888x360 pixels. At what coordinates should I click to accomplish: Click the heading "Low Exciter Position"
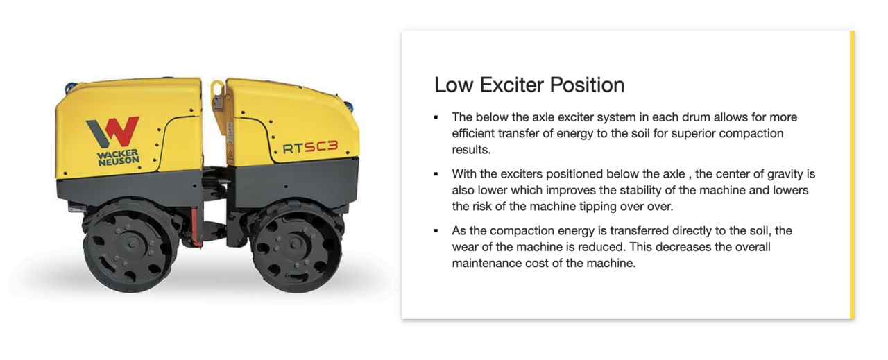pos(529,85)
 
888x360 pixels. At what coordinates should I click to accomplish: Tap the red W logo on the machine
pos(113,132)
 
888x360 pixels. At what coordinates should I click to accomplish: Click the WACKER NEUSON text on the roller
pos(118,157)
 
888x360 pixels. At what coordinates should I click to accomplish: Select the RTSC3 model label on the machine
pos(310,147)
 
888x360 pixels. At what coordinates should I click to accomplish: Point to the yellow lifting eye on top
pos(217,95)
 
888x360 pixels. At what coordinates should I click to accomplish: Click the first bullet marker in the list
pos(436,117)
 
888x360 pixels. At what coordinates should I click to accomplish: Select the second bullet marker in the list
pos(436,174)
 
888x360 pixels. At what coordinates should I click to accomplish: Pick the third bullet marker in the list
pos(436,231)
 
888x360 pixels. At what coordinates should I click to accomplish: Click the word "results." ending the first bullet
pos(471,150)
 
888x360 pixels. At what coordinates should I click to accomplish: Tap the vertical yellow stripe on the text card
pos(853,175)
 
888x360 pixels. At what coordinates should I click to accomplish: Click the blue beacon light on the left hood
pos(71,85)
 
